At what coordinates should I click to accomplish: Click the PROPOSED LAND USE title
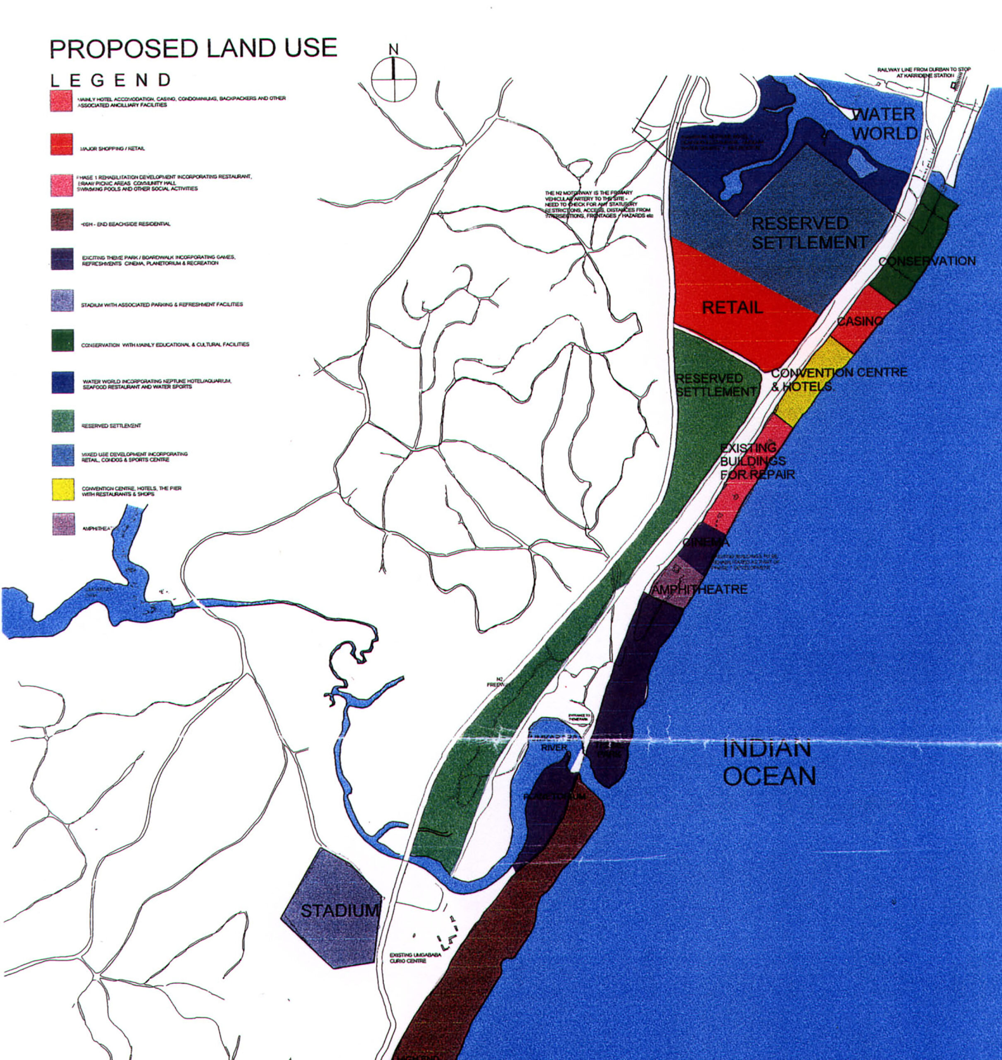193,48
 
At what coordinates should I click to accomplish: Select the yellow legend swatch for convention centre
63,490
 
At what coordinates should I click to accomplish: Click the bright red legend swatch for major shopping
62,144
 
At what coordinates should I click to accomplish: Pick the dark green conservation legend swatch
63,340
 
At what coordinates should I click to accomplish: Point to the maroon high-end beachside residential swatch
62,220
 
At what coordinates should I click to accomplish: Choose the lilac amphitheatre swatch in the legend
63,524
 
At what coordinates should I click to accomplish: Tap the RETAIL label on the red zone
732,308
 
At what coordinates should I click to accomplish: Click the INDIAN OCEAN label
769,762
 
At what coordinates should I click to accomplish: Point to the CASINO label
860,321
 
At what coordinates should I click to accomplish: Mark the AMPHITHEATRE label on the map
699,590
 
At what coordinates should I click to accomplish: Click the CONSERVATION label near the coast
927,261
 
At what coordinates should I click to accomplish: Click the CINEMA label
706,542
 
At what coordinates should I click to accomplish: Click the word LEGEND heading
111,81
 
